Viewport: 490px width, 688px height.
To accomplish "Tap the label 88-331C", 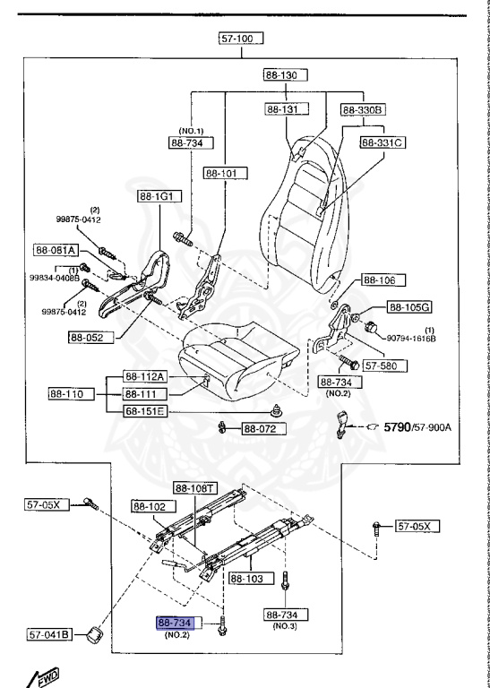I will click(383, 142).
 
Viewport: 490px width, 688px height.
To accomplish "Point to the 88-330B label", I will click(363, 109).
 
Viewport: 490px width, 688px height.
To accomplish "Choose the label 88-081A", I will click(57, 250).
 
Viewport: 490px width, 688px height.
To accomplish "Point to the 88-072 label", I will click(262, 429).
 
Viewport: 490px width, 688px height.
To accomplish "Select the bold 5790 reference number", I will click(399, 427).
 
